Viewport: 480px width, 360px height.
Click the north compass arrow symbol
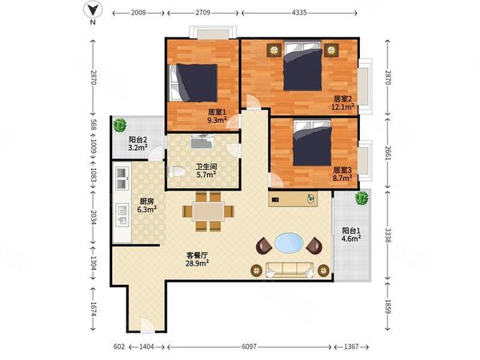93,10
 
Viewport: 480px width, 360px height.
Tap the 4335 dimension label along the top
299,13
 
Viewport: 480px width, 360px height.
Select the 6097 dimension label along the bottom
249,347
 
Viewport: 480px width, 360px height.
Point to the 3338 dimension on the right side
388,235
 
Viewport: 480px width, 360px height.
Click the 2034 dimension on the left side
93,218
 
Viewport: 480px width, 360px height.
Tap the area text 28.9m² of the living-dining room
197,263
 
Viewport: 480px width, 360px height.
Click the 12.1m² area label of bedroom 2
343,106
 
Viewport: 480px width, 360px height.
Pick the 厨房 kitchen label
146,202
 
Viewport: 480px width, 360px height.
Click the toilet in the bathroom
176,171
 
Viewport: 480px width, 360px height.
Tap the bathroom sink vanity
202,142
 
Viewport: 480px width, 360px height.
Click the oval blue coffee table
289,243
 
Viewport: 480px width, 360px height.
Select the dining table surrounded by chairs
209,211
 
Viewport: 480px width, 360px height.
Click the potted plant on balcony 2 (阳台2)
119,125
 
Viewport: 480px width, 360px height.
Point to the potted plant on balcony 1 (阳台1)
362,198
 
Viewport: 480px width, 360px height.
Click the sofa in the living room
290,270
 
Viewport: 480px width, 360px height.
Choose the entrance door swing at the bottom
147,325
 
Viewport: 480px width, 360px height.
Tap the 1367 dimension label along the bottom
351,347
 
